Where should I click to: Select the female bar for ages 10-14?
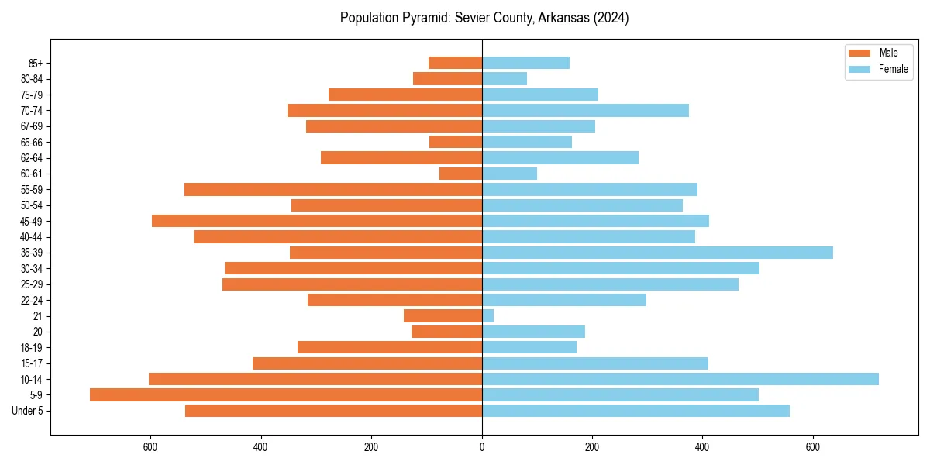pyautogui.click(x=680, y=379)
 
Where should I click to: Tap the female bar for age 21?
pyautogui.click(x=487, y=315)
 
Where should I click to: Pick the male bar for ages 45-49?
pyautogui.click(x=317, y=221)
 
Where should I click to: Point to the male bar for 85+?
pyautogui.click(x=455, y=63)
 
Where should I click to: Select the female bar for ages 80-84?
pyautogui.click(x=505, y=78)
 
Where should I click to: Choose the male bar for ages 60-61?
pyautogui.click(x=460, y=174)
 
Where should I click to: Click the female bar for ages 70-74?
pyautogui.click(x=585, y=110)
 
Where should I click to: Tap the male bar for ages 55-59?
pyautogui.click(x=333, y=189)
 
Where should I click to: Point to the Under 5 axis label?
pyautogui.click(x=27, y=411)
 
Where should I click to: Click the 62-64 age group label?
pyautogui.click(x=31, y=158)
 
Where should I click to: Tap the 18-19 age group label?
pyautogui.click(x=31, y=347)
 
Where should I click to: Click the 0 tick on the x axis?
pyautogui.click(x=482, y=446)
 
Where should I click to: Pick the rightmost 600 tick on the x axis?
pyautogui.click(x=813, y=446)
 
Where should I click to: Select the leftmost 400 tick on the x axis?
pyautogui.click(x=260, y=446)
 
